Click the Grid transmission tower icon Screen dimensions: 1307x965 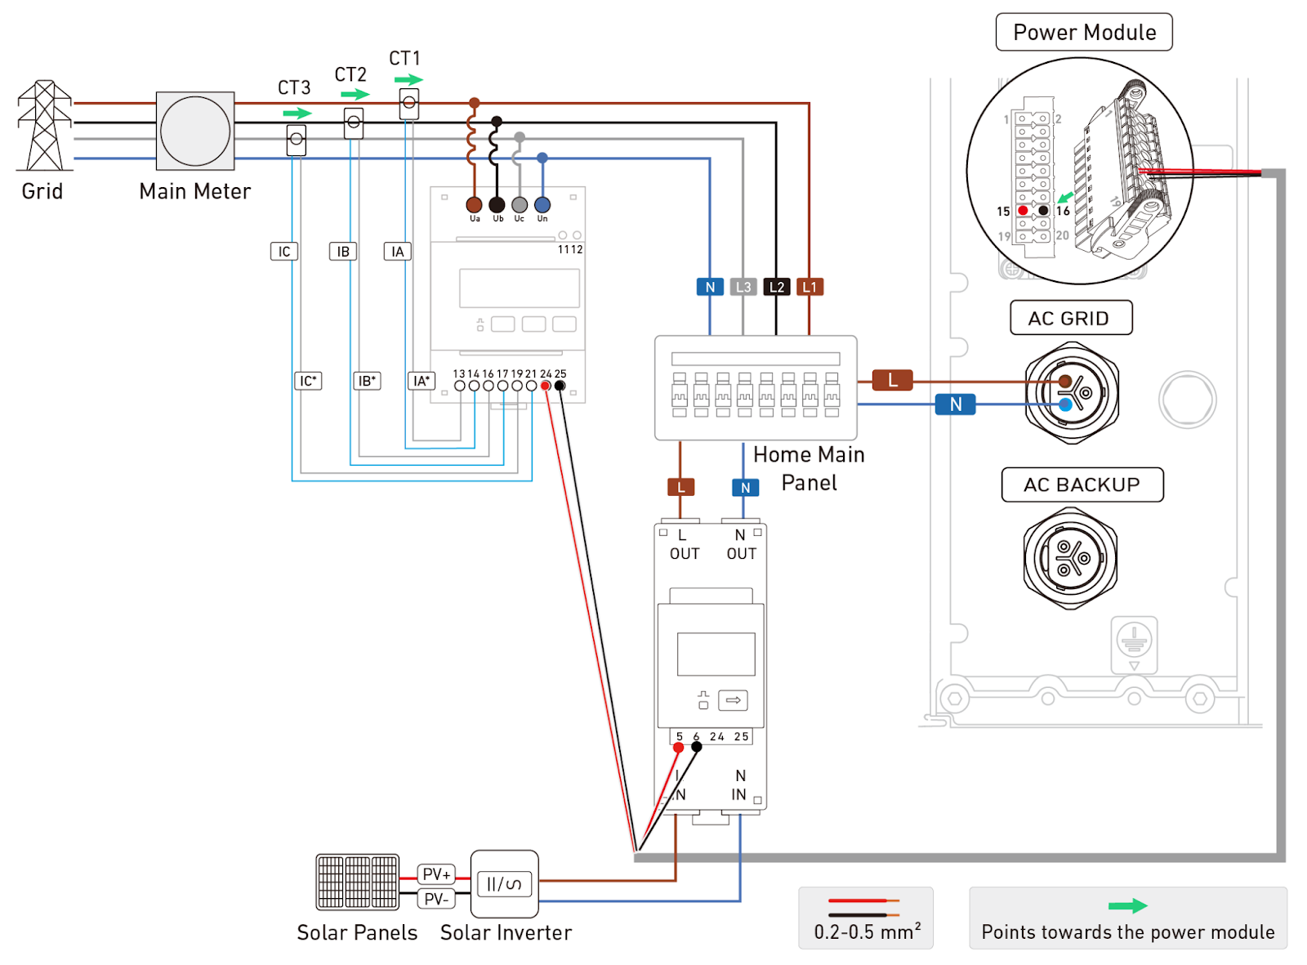click(x=44, y=125)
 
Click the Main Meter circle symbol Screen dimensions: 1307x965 click(x=195, y=131)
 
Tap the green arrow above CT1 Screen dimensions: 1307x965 click(x=408, y=79)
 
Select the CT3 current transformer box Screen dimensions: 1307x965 click(x=297, y=140)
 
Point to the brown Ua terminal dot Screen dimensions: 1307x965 click(x=474, y=204)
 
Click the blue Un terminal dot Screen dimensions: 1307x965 click(x=542, y=204)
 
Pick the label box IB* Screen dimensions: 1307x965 click(x=367, y=381)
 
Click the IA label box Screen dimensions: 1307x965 click(x=398, y=252)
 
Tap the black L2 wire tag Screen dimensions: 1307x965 click(x=777, y=287)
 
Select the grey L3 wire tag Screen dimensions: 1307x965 click(x=743, y=287)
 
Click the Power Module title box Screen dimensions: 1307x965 click(x=1084, y=32)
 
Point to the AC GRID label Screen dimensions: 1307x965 click(x=1071, y=318)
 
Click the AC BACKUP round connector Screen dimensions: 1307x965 click(x=1070, y=557)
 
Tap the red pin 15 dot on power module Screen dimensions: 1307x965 click(x=1023, y=211)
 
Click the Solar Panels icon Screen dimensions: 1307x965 click(x=357, y=882)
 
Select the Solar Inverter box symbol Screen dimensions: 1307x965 click(x=504, y=883)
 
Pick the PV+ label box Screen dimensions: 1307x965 click(x=436, y=873)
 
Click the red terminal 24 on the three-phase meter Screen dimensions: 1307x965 click(x=546, y=386)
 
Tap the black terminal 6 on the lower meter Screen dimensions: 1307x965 click(x=697, y=747)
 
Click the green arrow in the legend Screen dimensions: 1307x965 click(x=1127, y=905)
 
